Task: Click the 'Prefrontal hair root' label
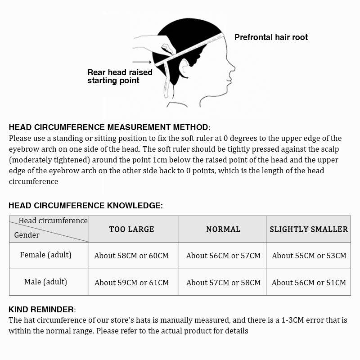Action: click(271, 37)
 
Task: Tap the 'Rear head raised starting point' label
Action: click(120, 76)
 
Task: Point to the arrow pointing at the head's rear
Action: click(143, 63)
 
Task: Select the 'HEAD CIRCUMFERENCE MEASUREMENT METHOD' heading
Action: click(108, 127)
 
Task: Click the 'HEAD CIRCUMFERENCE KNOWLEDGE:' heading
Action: click(85, 206)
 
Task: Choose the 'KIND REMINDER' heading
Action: click(41, 310)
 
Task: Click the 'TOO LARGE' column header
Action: click(131, 229)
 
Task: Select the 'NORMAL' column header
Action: click(223, 229)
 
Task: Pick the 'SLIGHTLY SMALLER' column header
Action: click(309, 229)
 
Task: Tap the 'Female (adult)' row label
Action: click(45, 255)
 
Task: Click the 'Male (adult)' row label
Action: click(45, 282)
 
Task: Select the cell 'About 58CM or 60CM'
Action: click(131, 256)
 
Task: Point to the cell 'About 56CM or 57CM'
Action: click(223, 256)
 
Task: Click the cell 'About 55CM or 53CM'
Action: click(309, 256)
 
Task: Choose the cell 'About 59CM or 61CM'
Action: click(131, 283)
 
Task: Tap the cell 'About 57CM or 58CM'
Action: click(223, 283)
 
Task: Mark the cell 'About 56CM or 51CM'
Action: click(309, 283)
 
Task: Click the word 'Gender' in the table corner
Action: click(27, 235)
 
